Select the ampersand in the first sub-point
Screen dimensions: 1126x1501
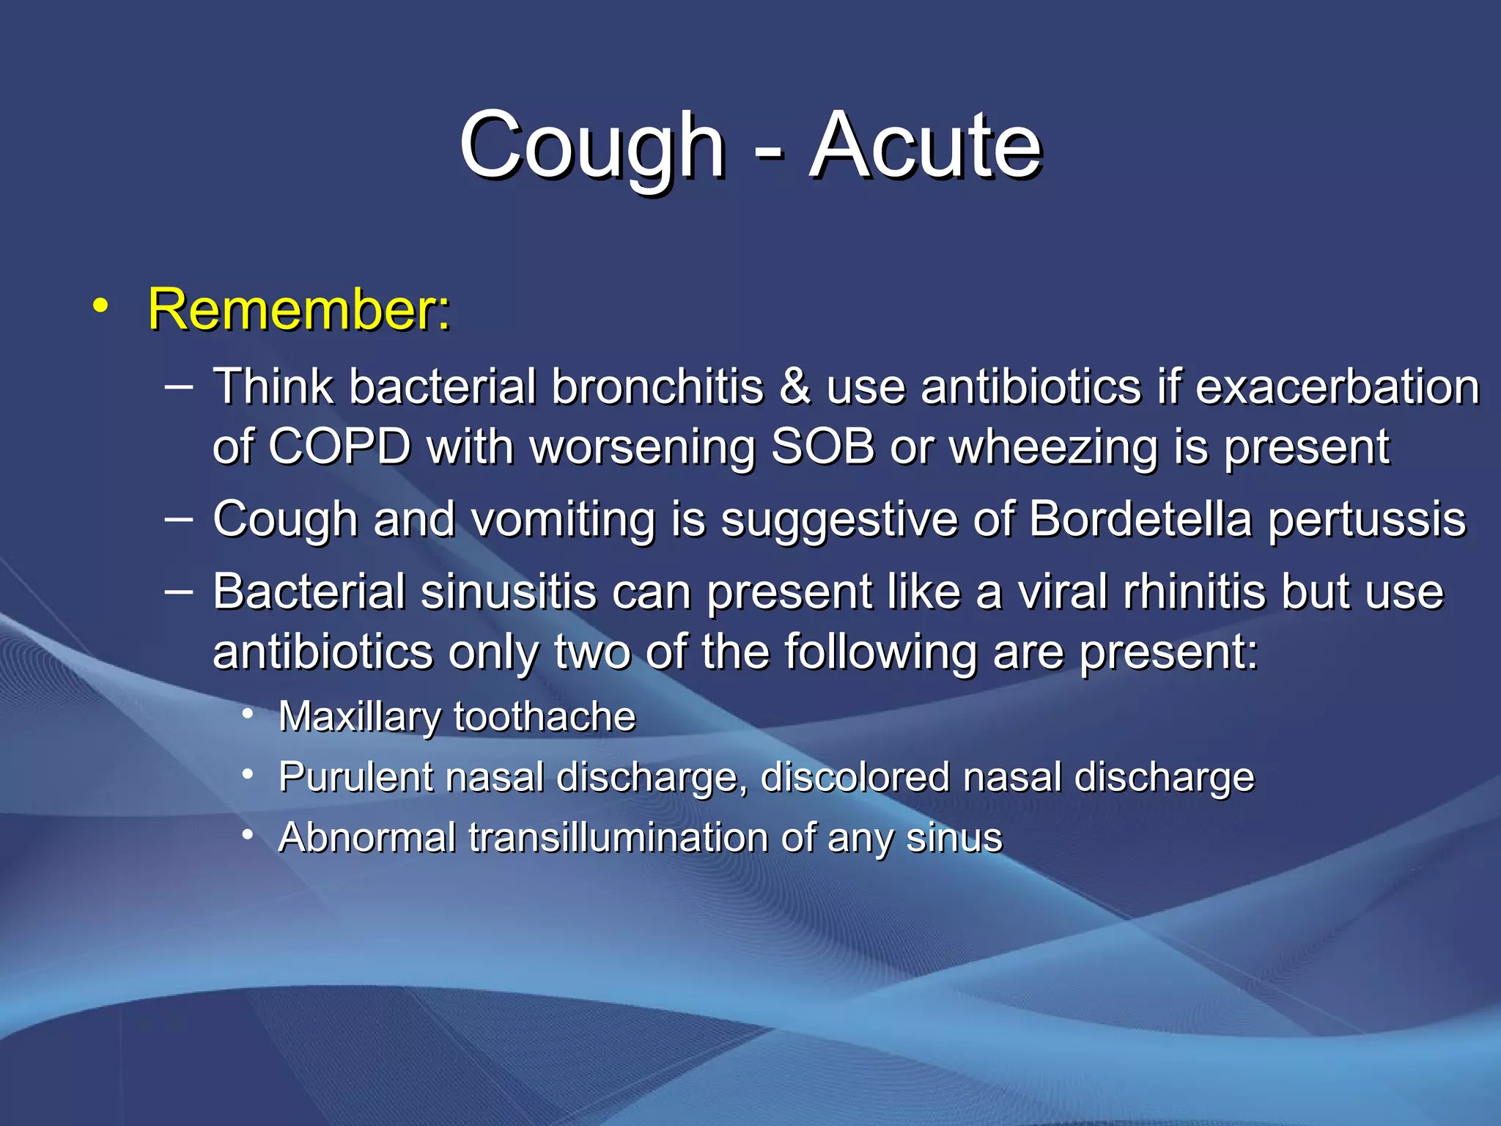pos(795,386)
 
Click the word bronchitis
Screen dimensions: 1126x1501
pos(657,386)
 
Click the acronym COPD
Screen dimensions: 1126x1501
pos(339,446)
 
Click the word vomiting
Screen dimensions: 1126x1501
pos(563,520)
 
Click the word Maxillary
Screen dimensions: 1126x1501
pos(358,717)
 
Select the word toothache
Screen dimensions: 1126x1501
pos(545,716)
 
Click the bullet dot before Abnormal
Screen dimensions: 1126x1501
pos(248,834)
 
